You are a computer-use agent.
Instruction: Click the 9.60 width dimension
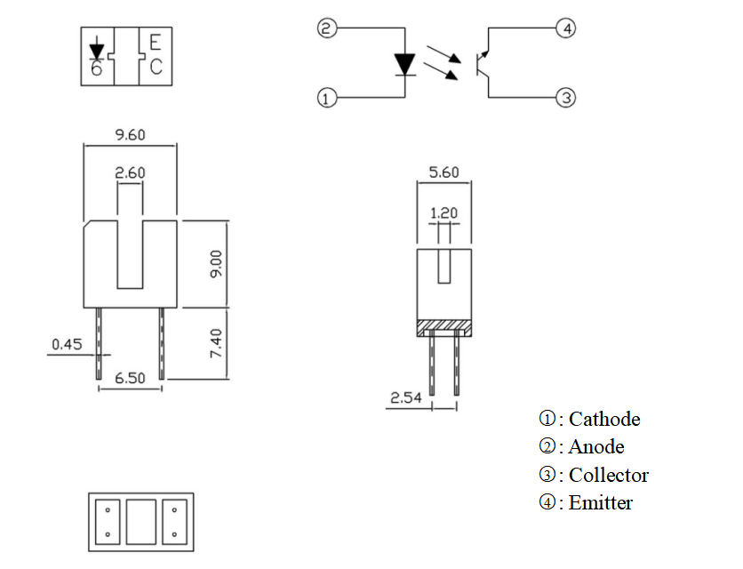[x=130, y=135]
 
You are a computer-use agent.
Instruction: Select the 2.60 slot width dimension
[x=130, y=173]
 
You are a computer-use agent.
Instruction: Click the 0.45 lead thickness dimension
[x=68, y=343]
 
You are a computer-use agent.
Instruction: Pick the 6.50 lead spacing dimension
[x=130, y=378]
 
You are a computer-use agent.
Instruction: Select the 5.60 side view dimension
[x=443, y=172]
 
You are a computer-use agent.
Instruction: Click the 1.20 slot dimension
[x=443, y=213]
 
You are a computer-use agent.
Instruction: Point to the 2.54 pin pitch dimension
[x=405, y=397]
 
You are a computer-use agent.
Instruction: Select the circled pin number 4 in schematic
[x=567, y=29]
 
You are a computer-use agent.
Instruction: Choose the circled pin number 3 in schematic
[x=567, y=98]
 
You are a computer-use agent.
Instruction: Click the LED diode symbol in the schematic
[x=405, y=64]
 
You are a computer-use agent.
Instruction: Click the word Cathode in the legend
[x=603, y=419]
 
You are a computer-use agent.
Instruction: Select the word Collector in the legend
[x=608, y=475]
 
